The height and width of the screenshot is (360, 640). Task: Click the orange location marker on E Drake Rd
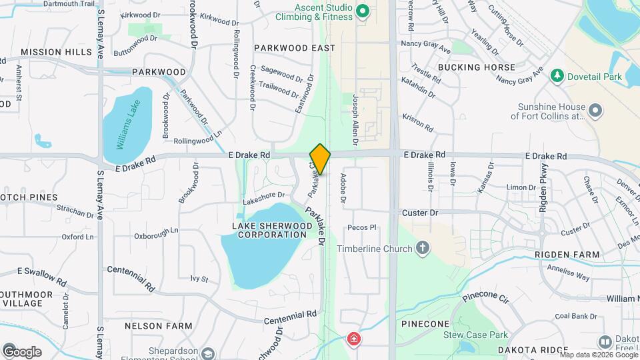pos(320,159)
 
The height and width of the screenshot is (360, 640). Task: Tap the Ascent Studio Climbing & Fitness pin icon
pos(363,11)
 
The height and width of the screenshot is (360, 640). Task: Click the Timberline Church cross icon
pos(421,249)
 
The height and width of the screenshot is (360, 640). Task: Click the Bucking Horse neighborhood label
pos(477,67)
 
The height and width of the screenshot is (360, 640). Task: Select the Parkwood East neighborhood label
pos(295,48)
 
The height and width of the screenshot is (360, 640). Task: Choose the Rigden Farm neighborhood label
pos(575,255)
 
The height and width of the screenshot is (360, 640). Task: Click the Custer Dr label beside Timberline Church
pos(420,213)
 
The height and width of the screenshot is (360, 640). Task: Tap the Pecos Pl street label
pos(362,227)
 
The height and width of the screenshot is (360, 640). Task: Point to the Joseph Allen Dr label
pos(355,119)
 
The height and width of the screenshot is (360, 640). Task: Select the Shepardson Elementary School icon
pos(209,353)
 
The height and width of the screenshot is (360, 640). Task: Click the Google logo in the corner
pos(22,351)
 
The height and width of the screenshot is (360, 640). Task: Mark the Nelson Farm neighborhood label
pos(159,326)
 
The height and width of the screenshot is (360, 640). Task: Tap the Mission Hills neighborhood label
pos(56,51)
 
